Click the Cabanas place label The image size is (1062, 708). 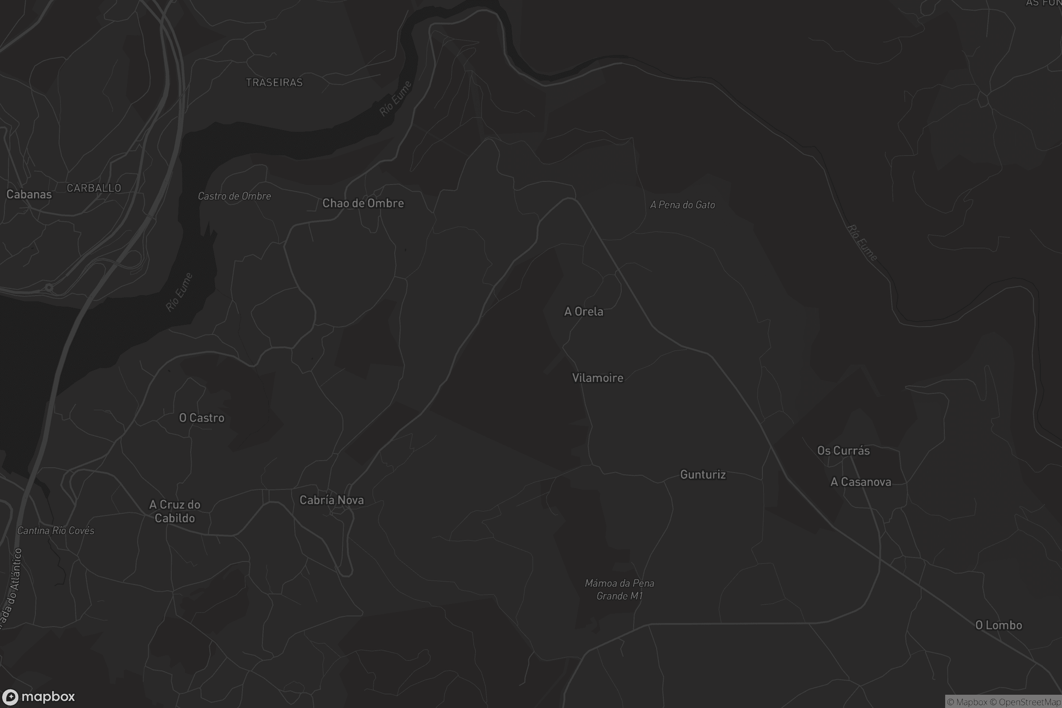[29, 195]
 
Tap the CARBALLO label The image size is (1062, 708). [94, 188]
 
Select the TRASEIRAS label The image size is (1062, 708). [274, 83]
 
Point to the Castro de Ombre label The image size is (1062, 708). [235, 196]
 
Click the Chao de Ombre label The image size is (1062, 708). [363, 204]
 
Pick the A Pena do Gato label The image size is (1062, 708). [682, 205]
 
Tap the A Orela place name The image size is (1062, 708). [583, 312]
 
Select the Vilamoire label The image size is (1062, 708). [597, 378]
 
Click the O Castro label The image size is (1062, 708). [201, 418]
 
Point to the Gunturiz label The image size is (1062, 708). [703, 474]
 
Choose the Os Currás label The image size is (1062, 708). [843, 450]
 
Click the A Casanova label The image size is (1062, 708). [861, 482]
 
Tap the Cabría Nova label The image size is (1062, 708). [331, 500]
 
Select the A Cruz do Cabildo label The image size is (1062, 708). [175, 511]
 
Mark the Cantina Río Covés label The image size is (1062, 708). [56, 531]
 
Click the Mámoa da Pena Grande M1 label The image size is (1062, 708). [619, 590]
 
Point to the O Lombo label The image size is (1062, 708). [998, 625]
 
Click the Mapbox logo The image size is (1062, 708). [39, 696]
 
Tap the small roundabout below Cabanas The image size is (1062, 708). [49, 288]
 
